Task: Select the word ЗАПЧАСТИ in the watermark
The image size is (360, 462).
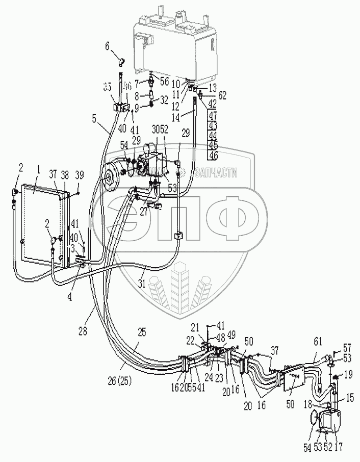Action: pos(216,173)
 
